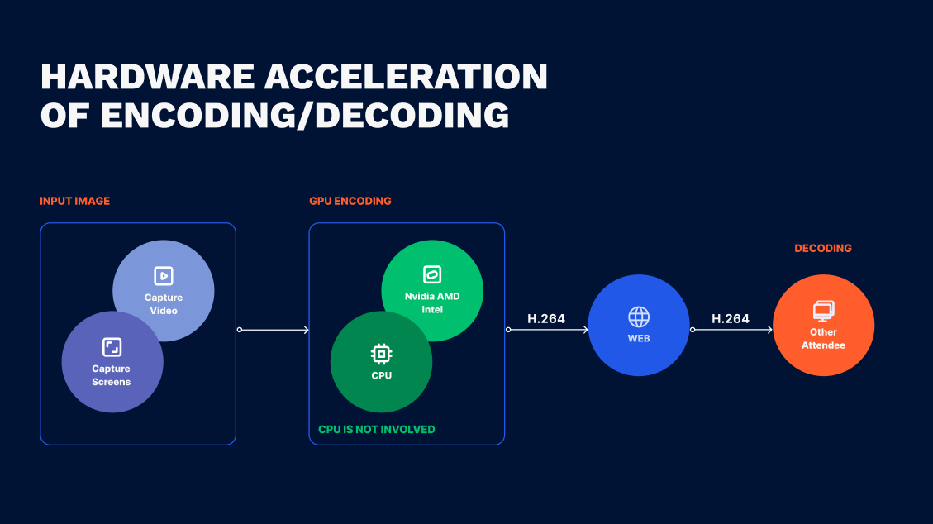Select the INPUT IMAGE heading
pos(74,201)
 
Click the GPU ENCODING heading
pos(350,201)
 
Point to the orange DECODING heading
pos(822,248)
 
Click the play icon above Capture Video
pos(163,276)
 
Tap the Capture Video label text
pos(163,304)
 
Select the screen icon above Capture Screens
pos(112,347)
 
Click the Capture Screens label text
pos(112,375)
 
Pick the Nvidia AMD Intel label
pos(431,302)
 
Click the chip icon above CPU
pos(380,355)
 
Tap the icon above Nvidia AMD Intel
pos(431,275)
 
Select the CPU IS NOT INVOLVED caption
pos(376,429)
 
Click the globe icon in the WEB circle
pos(638,317)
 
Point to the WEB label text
pos(638,339)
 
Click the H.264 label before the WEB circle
pos(545,318)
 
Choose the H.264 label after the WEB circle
pos(730,318)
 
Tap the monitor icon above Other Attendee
pos(823,311)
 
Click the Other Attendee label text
pos(823,339)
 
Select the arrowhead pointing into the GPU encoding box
pos(306,330)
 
